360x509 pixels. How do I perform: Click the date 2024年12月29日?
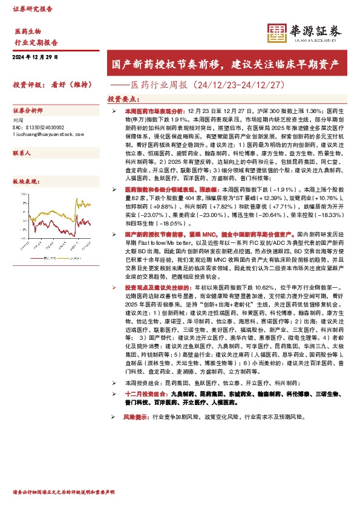click(35, 57)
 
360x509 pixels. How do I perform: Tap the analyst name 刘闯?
click(18, 121)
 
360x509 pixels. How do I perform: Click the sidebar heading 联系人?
click(22, 154)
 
